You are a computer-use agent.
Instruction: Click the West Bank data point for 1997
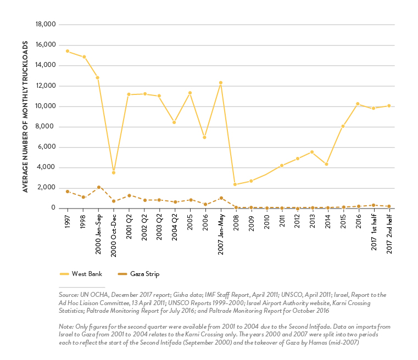point(68,51)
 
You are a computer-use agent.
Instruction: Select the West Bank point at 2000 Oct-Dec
point(114,173)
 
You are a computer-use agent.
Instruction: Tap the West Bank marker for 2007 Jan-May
point(221,83)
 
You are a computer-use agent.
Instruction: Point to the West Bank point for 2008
point(236,184)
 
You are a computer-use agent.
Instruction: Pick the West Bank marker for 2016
point(358,104)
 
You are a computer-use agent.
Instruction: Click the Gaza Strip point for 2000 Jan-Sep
point(98,187)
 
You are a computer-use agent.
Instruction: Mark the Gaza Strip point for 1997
point(68,192)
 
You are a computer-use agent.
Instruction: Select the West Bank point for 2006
point(205,137)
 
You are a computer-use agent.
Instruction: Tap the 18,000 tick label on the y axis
point(46,25)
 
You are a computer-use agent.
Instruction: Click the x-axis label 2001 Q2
point(129,225)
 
